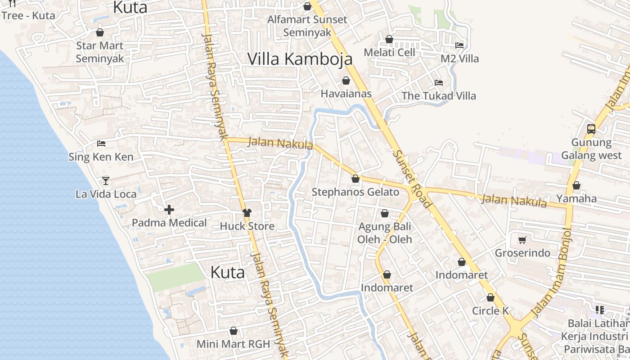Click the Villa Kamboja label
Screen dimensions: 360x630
click(x=300, y=59)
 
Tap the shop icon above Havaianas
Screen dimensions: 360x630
click(x=346, y=81)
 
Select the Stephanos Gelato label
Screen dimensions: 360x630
click(x=355, y=192)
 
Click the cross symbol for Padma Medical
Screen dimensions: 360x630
click(x=169, y=210)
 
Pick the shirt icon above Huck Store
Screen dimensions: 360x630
click(x=247, y=213)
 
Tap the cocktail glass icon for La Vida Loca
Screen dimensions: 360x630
click(x=106, y=180)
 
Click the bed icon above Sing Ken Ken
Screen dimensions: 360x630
click(x=101, y=144)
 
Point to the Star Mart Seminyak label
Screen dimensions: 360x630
click(x=99, y=52)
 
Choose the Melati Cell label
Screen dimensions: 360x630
click(x=389, y=52)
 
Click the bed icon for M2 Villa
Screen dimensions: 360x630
click(x=459, y=45)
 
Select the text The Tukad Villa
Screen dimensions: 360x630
click(x=438, y=96)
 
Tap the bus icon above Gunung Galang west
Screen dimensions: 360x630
click(x=591, y=129)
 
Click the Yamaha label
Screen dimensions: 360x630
click(x=576, y=198)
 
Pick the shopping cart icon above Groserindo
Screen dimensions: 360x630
click(x=522, y=240)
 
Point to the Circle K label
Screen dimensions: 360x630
click(x=490, y=311)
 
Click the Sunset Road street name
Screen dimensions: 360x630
click(x=412, y=178)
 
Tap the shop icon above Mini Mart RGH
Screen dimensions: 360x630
click(x=234, y=331)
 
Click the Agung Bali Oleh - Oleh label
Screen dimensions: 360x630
click(x=385, y=233)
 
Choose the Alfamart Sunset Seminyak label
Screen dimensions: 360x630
click(x=307, y=26)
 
